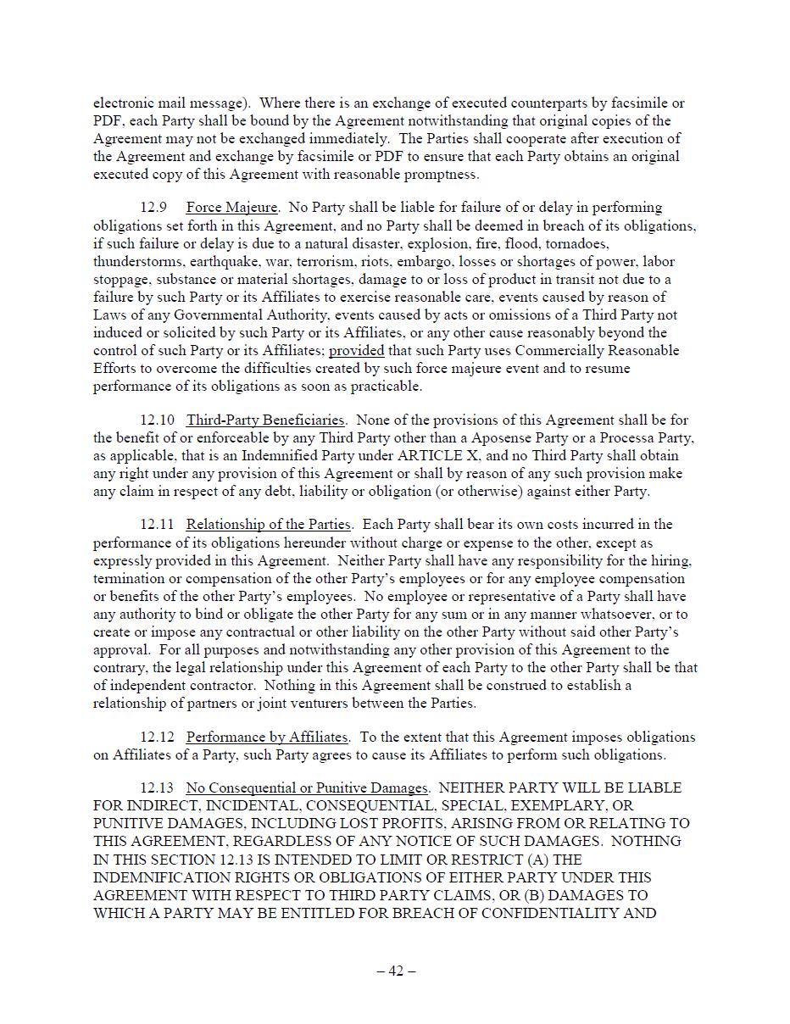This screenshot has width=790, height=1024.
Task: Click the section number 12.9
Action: coord(153,208)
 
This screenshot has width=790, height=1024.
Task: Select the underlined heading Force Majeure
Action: coord(231,208)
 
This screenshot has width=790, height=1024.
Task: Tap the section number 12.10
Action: coord(157,420)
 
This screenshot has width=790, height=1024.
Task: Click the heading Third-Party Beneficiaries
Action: coord(265,420)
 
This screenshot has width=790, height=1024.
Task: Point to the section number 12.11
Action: coord(157,525)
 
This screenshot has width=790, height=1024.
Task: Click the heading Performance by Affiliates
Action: coord(266,737)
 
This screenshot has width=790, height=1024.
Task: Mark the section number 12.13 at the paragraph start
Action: coord(157,788)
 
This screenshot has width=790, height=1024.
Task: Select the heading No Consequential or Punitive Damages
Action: coord(308,788)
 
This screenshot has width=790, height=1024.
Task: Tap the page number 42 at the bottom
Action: coord(396,971)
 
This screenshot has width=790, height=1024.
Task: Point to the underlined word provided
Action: coord(356,351)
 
